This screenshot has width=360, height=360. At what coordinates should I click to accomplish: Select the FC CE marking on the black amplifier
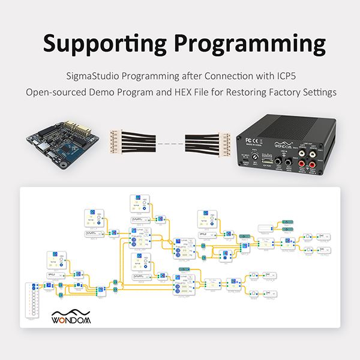tap(253, 145)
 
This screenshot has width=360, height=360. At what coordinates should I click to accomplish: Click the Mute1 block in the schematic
tap(306, 238)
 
